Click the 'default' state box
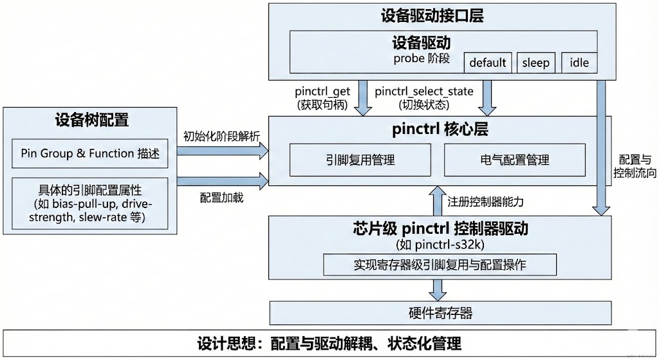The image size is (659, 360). pyautogui.click(x=488, y=62)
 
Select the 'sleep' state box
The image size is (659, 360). pyautogui.click(x=535, y=62)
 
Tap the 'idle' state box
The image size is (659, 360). pyautogui.click(x=579, y=62)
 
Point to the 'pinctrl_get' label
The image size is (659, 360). pyautogui.click(x=322, y=91)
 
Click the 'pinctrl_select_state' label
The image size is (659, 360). pyautogui.click(x=423, y=91)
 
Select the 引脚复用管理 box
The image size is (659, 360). pyautogui.click(x=360, y=160)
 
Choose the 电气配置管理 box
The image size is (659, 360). pyautogui.click(x=514, y=160)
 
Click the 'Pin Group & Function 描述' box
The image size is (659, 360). pyautogui.click(x=90, y=153)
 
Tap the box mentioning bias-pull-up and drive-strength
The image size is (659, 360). pyautogui.click(x=90, y=204)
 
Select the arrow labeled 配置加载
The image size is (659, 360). pyautogui.click(x=223, y=180)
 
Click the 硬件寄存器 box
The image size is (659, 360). pyautogui.click(x=440, y=314)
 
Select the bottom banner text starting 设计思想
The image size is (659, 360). pyautogui.click(x=329, y=342)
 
